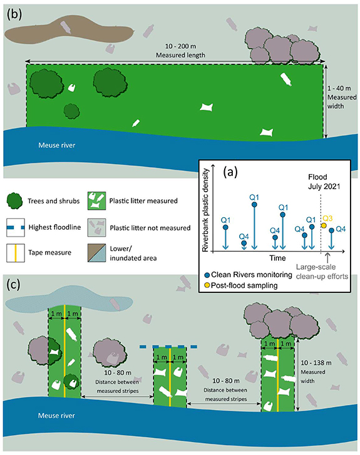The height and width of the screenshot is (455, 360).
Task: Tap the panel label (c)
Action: coord(14,284)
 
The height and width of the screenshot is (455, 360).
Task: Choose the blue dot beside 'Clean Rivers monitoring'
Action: coord(207,274)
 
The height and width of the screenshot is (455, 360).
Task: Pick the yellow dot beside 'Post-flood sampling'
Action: coord(207,285)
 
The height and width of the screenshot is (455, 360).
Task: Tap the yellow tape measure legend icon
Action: coord(17,252)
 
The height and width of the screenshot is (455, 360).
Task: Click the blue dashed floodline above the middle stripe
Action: coord(170,346)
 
